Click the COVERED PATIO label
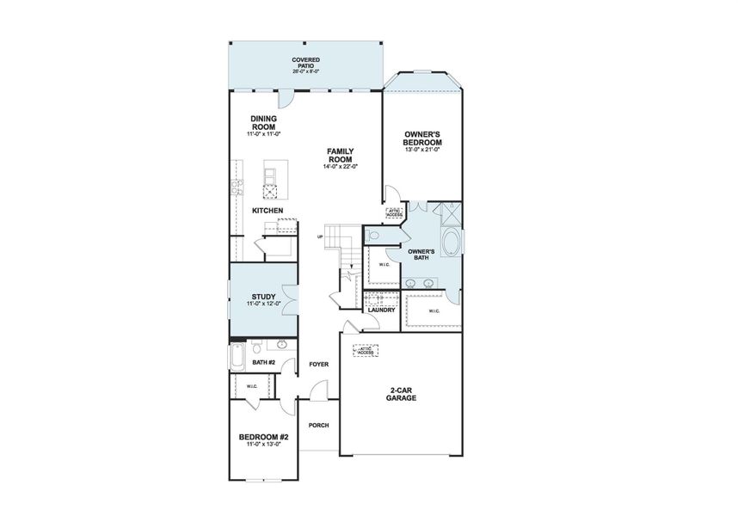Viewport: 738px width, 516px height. (305, 60)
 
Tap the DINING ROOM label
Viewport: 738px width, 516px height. (263, 122)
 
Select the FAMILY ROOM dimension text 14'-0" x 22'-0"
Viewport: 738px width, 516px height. (340, 166)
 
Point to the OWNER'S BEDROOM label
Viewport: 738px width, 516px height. (422, 138)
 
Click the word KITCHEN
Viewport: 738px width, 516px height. (267, 211)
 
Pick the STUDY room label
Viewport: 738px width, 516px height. (263, 297)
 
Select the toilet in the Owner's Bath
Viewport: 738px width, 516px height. (370, 235)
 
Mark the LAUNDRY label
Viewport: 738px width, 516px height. (381, 310)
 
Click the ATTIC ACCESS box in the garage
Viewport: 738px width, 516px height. (366, 351)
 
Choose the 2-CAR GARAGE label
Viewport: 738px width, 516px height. (401, 395)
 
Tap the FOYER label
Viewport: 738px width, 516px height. (319, 365)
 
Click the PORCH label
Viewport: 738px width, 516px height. (318, 426)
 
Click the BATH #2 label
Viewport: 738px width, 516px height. (263, 363)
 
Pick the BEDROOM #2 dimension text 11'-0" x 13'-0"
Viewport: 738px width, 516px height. (262, 444)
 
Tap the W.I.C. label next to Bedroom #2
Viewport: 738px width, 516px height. (252, 386)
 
